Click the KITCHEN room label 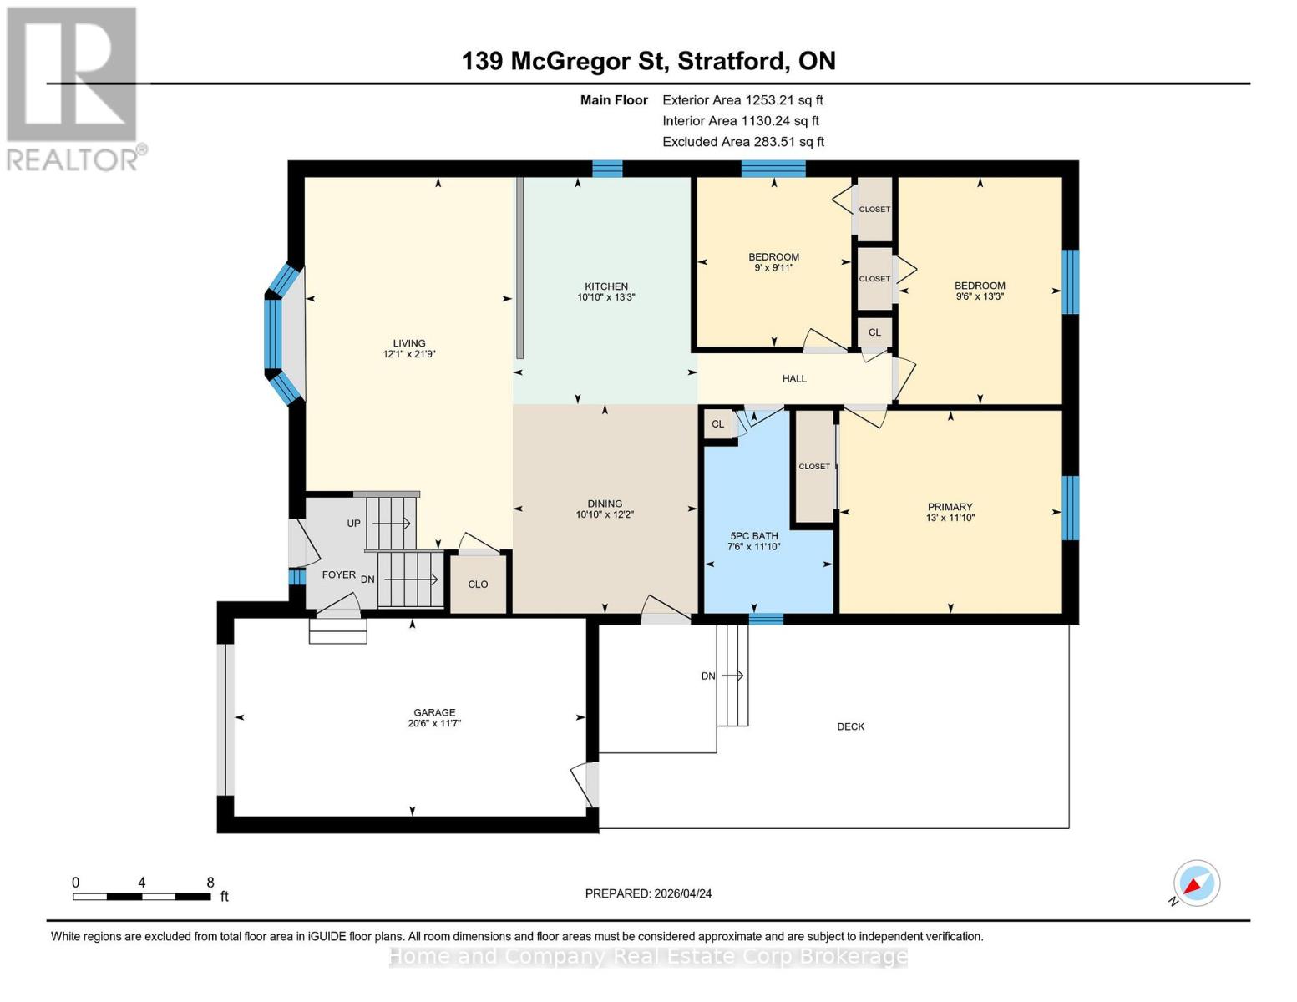tap(605, 286)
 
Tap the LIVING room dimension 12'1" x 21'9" tap(409, 354)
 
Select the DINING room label tap(605, 504)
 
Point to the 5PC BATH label tap(753, 536)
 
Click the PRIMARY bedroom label tap(950, 507)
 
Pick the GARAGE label tap(434, 713)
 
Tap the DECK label tap(850, 726)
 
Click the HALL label tap(794, 379)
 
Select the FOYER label tap(339, 575)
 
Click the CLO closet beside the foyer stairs tap(478, 584)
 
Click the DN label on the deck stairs tap(708, 676)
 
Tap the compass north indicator tap(1196, 883)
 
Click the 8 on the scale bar tap(210, 883)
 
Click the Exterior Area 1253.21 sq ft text tap(742, 100)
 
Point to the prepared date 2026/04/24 tap(648, 893)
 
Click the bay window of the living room tap(281, 333)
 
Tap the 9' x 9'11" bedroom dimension tap(773, 268)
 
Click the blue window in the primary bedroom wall tap(1070, 508)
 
